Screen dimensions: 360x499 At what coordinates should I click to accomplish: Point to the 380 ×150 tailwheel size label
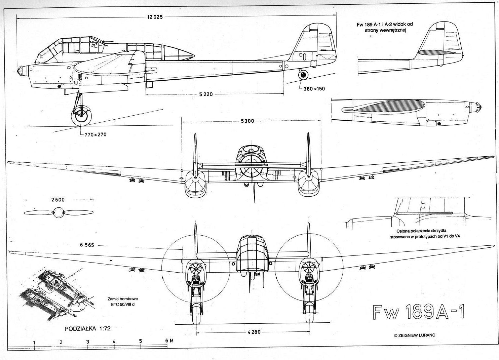click(314, 89)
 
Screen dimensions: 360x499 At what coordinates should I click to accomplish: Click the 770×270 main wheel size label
click(95, 134)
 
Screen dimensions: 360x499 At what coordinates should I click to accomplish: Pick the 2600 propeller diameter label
click(58, 200)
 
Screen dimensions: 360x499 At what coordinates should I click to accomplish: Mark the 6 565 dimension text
click(87, 245)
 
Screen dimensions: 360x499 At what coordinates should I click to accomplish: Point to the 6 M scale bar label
click(169, 341)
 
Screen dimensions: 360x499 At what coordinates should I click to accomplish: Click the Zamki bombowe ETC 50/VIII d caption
click(123, 302)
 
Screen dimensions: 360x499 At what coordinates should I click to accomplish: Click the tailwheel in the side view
click(304, 75)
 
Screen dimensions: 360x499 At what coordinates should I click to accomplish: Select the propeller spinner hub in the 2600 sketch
click(59, 212)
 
